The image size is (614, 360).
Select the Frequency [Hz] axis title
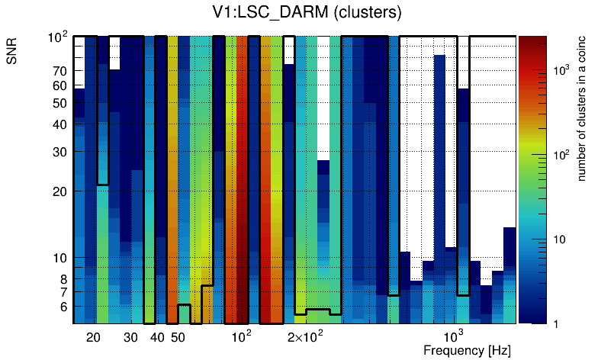pos(467,350)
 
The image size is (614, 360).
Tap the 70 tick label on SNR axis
pos(59,71)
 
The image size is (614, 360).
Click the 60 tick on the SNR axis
pos(59,86)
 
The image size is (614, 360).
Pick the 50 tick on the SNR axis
pos(59,104)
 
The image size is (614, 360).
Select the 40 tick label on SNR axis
pos(59,125)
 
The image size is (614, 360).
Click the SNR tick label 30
pos(59,152)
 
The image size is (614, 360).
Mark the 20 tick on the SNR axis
pos(59,191)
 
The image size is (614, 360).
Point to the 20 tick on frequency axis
pos(93,337)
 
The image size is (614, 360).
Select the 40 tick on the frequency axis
pos(157,337)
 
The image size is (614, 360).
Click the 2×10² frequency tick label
pos(305,336)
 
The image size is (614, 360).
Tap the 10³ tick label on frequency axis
pos(454,336)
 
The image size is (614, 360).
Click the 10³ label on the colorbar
pos(561,70)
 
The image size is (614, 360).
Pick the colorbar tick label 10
pos(559,239)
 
